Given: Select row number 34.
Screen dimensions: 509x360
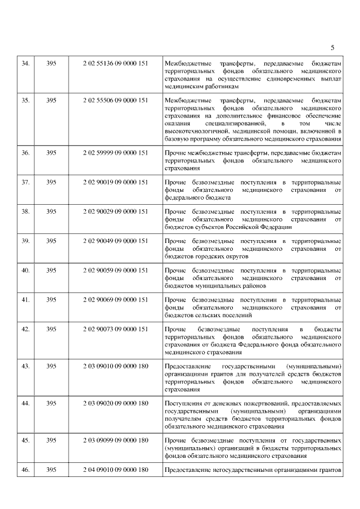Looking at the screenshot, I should click(25, 63).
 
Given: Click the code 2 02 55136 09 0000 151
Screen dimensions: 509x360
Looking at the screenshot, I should click(115, 63).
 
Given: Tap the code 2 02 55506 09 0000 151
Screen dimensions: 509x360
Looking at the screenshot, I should click(115, 100).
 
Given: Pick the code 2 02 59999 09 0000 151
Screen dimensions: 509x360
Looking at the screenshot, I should click(115, 152).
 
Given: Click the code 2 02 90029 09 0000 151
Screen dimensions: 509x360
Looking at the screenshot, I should click(115, 211).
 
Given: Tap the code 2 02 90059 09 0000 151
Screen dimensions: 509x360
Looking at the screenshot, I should click(115, 270).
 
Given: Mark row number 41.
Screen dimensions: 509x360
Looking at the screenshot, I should click(25, 299).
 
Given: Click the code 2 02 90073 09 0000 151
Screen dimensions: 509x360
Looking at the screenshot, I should click(115, 328).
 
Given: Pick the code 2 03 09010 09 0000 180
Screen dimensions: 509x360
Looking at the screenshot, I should click(115, 366).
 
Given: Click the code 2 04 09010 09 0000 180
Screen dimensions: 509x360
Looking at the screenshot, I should click(115, 469).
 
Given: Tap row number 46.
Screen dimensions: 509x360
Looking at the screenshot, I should click(25, 469).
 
